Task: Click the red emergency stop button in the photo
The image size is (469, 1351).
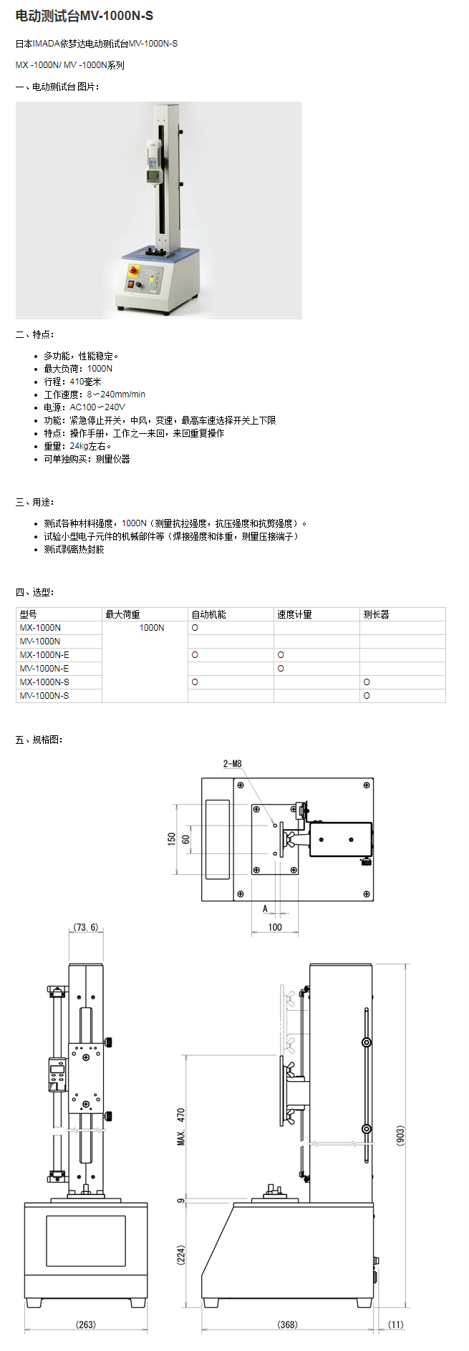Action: (x=132, y=270)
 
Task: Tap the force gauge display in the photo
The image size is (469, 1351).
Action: (x=153, y=175)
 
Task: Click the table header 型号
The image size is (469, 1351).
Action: (x=29, y=614)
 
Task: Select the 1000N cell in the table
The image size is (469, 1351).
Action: (x=151, y=628)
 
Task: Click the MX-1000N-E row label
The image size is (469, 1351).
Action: (x=44, y=655)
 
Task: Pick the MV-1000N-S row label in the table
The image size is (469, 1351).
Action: (x=44, y=696)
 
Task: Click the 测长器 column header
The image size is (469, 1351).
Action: (x=376, y=614)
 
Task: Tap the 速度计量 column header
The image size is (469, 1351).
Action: (x=294, y=614)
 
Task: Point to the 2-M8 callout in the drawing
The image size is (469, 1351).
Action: (x=233, y=764)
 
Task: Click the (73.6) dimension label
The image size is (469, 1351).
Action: (x=86, y=927)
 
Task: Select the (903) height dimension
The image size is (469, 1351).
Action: (x=400, y=1135)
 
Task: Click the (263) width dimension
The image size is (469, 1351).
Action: (x=86, y=1325)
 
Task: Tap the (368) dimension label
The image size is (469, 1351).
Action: (x=287, y=1325)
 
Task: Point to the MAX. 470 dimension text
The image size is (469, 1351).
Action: (x=181, y=1127)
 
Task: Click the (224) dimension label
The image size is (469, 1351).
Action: (x=181, y=1254)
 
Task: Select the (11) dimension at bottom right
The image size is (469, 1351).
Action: (x=395, y=1325)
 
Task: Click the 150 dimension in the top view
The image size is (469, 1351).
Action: (x=172, y=838)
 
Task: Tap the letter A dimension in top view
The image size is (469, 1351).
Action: (x=265, y=909)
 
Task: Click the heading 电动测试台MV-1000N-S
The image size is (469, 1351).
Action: (x=84, y=16)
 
